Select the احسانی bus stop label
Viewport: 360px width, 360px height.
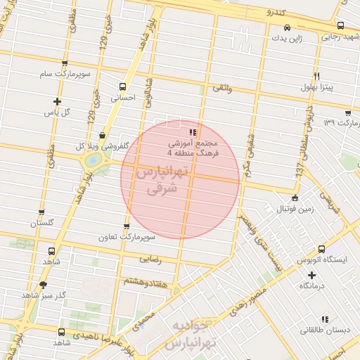123,98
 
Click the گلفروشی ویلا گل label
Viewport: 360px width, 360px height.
102,146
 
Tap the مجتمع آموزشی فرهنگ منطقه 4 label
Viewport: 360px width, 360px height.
193,146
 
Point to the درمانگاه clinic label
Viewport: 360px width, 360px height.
315,285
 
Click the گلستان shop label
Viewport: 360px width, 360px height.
41,223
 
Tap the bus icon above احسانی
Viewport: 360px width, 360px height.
123,86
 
